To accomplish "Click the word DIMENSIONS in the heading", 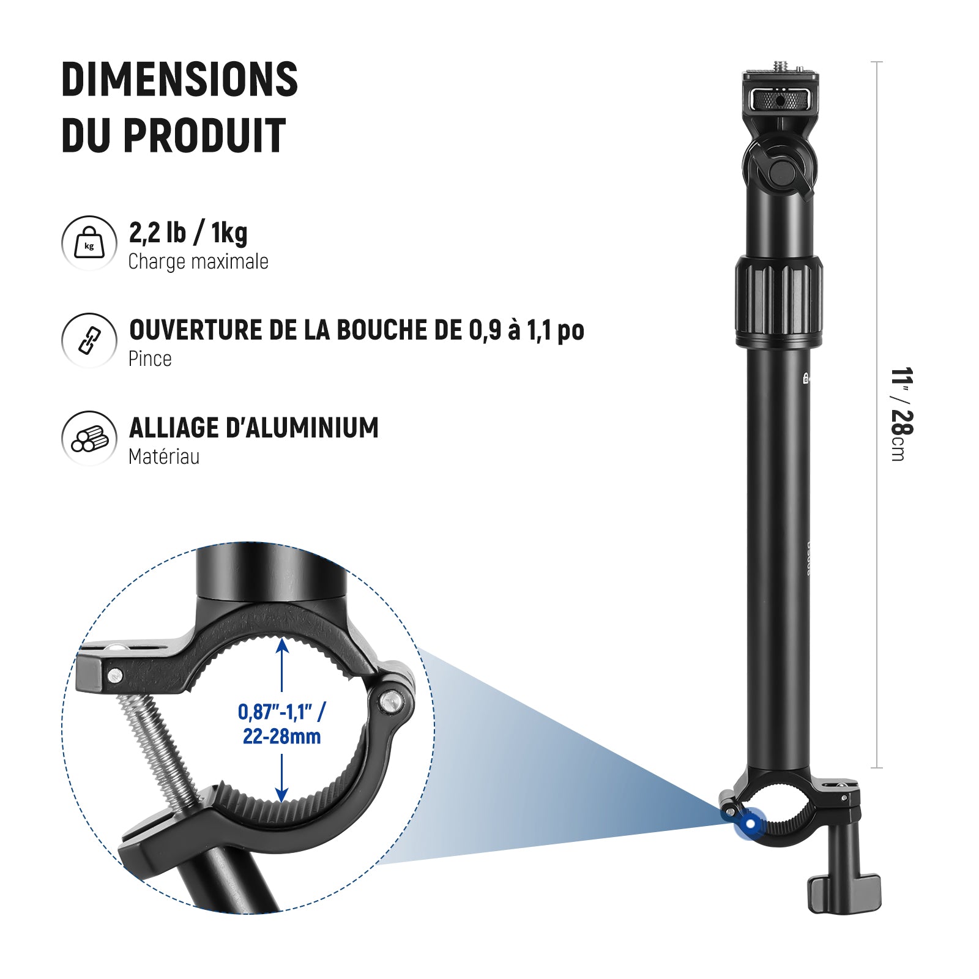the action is tap(179, 80).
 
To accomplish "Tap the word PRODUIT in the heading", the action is tap(204, 135).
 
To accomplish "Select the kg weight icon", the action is tap(89, 243).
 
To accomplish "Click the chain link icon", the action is tap(89, 340).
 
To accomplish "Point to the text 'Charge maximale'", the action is tap(198, 262).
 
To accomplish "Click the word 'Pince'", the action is tap(150, 359).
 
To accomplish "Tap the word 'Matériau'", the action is tap(164, 456).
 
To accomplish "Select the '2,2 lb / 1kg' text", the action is tap(188, 233).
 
